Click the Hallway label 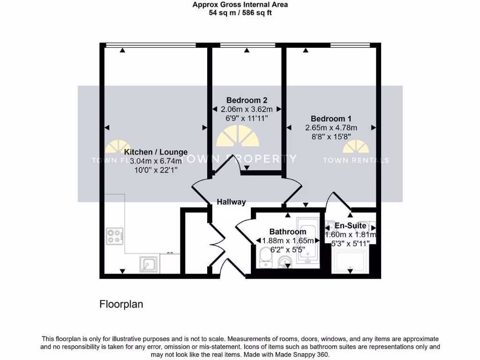click(x=231, y=202)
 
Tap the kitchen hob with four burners click(x=115, y=235)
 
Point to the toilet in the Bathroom click(x=265, y=257)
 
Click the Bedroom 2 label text click(x=247, y=100)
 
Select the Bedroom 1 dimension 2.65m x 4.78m click(x=331, y=127)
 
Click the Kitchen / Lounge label click(x=156, y=152)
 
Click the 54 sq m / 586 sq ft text click(x=240, y=13)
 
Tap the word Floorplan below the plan click(x=121, y=304)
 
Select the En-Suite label click(x=350, y=226)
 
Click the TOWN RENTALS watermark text click(x=355, y=160)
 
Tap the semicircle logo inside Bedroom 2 click(x=237, y=137)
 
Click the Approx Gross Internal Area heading click(x=240, y=5)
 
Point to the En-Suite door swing click(x=338, y=202)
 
